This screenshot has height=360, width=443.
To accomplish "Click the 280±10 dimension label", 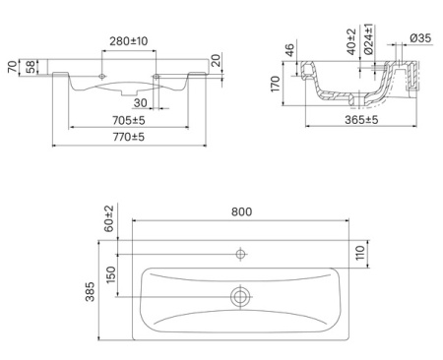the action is click(x=129, y=41).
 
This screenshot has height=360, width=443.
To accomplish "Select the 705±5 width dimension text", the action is click(x=129, y=121).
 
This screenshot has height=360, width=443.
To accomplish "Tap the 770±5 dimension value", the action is click(x=129, y=137).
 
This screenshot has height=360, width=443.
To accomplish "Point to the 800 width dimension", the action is click(x=242, y=211).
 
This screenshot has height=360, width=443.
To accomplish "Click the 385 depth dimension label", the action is click(x=90, y=291).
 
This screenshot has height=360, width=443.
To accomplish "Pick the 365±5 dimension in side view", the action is click(x=361, y=120).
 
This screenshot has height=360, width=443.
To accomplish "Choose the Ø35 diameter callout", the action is click(x=420, y=38).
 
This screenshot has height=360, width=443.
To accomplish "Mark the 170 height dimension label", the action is click(x=276, y=84).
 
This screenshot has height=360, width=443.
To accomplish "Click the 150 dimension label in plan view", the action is click(x=111, y=274).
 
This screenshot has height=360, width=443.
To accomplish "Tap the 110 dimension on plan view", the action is click(x=360, y=253).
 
